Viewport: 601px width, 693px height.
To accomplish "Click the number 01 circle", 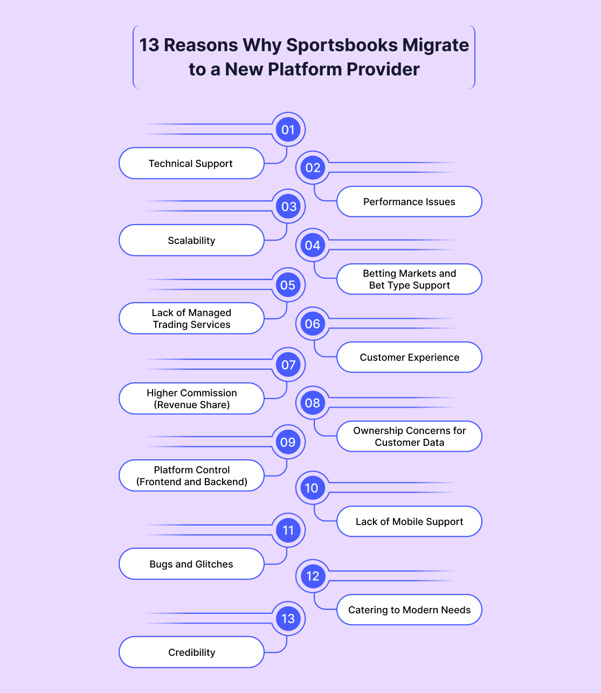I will click(x=288, y=130).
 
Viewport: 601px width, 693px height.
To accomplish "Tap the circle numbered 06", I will click(x=313, y=324).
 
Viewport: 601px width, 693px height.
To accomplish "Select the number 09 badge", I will click(x=288, y=443).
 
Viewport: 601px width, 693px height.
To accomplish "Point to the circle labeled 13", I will click(x=288, y=619).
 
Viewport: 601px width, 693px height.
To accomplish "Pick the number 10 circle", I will click(x=312, y=488).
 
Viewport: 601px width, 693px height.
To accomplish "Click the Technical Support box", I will click(x=191, y=164).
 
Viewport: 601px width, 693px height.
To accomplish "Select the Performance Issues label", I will click(x=409, y=202).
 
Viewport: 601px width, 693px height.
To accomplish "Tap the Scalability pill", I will click(x=191, y=241).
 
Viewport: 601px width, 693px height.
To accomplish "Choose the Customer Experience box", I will click(x=409, y=358).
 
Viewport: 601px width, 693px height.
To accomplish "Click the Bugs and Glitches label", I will click(x=191, y=564).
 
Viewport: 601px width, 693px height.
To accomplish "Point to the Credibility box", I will click(x=191, y=653).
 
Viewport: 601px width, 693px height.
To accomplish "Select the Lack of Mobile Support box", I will click(x=409, y=522).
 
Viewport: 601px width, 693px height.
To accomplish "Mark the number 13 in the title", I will click(x=149, y=45).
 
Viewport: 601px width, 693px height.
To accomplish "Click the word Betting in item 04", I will click(x=379, y=274).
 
